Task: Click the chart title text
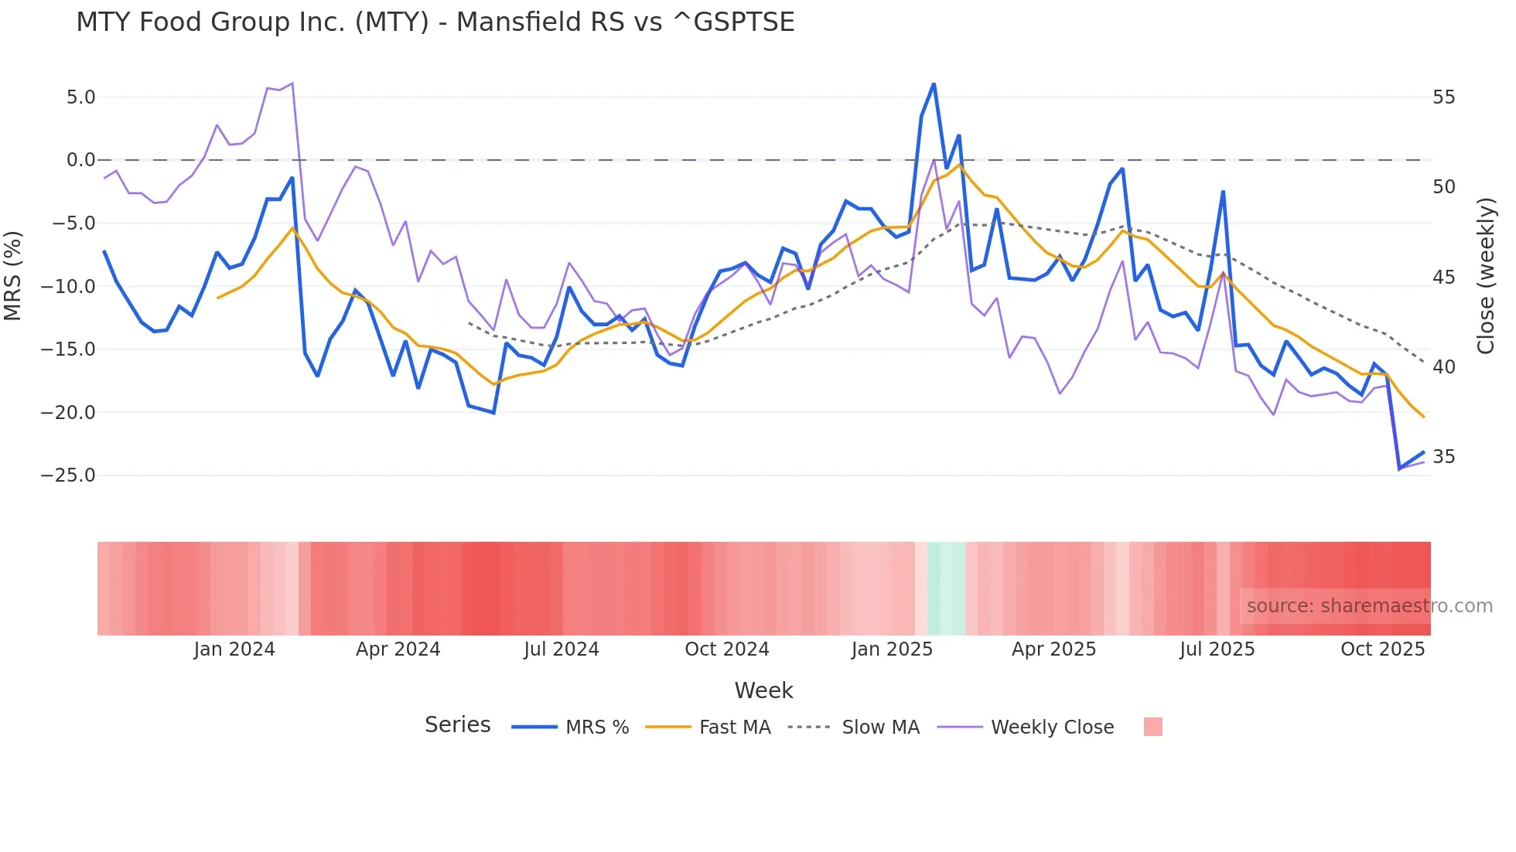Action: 435,22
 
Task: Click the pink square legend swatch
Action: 1152,727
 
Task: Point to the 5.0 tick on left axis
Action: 80,97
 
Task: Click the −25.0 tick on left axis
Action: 68,475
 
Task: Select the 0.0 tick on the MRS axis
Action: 80,160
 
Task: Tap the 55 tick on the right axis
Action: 1443,97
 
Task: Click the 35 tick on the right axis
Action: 1443,457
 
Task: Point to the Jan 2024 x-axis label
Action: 234,649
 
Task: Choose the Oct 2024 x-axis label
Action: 726,649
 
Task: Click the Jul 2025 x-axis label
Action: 1217,649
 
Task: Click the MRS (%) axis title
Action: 13,275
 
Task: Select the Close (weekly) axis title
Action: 1485,276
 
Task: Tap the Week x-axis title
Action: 763,690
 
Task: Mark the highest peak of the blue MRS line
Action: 934,83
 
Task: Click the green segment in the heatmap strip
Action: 946,588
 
